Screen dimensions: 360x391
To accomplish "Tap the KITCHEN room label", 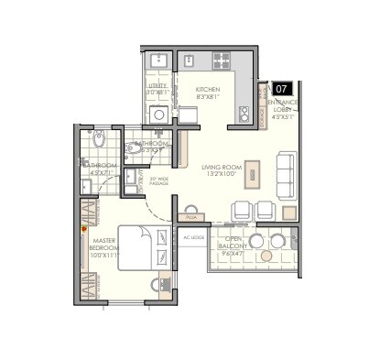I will point(208,89).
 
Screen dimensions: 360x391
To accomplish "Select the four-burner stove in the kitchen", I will point(223,61).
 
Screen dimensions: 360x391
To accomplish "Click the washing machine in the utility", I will point(157,114).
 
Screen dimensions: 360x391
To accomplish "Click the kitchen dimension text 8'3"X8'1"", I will point(208,97).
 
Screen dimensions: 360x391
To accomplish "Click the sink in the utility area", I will point(157,60).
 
